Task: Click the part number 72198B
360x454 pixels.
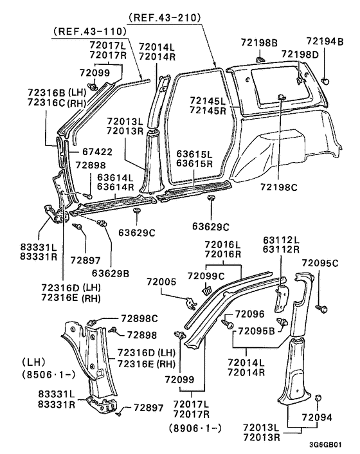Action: pyautogui.click(x=259, y=42)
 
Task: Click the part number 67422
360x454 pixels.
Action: pyautogui.click(x=97, y=152)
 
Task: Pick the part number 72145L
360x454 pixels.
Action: pyautogui.click(x=208, y=100)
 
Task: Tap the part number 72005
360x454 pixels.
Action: pyautogui.click(x=161, y=282)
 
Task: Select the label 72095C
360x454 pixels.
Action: pyautogui.click(x=320, y=263)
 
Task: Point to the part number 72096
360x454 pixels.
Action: pyautogui.click(x=249, y=314)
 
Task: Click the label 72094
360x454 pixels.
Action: pyautogui.click(x=318, y=417)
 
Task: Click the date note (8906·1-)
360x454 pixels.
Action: pyautogui.click(x=196, y=426)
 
